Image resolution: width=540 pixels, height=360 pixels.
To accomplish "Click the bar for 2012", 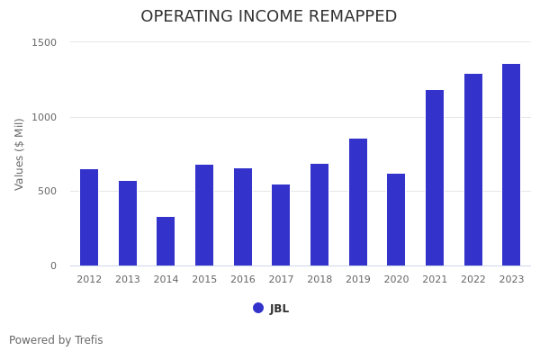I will coord(89,217).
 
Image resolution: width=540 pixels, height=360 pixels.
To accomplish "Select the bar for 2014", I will coord(166,241).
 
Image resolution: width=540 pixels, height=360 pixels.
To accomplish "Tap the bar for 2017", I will coord(281,225).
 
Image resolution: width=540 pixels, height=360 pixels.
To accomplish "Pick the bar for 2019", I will coord(358,202).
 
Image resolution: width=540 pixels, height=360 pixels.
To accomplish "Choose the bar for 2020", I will coord(396,220).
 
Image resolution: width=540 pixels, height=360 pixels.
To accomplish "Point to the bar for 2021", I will coord(435,177).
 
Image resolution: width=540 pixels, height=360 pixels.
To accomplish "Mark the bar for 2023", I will coord(511,165).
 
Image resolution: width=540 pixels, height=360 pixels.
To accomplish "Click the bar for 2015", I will coord(204,215).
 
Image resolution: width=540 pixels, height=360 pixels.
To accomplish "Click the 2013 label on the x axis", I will coord(128,280).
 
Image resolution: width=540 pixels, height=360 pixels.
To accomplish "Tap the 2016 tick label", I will coord(243,280).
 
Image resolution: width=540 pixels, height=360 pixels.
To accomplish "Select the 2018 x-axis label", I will coord(319,280).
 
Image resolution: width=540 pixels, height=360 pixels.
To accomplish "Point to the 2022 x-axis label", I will coord(473,280).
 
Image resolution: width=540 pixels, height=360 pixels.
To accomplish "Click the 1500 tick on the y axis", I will coord(44,42).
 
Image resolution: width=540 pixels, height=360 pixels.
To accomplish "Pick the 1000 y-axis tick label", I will coord(44,117).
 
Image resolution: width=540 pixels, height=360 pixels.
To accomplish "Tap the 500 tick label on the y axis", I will coord(47,191).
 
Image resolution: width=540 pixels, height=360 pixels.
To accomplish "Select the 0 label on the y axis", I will coord(53,265).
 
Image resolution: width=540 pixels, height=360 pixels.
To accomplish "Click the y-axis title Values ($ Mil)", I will coord(20,154).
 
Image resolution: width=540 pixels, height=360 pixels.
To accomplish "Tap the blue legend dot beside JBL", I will coord(258,308).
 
